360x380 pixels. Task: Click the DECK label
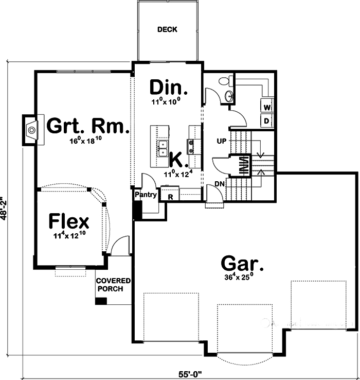(167, 29)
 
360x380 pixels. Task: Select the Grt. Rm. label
(87, 126)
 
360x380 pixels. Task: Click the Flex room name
(69, 222)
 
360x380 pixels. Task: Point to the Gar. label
(242, 264)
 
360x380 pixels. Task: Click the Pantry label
(146, 195)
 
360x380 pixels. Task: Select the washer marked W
(267, 107)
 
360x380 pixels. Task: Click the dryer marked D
(267, 120)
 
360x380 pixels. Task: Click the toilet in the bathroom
(225, 81)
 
